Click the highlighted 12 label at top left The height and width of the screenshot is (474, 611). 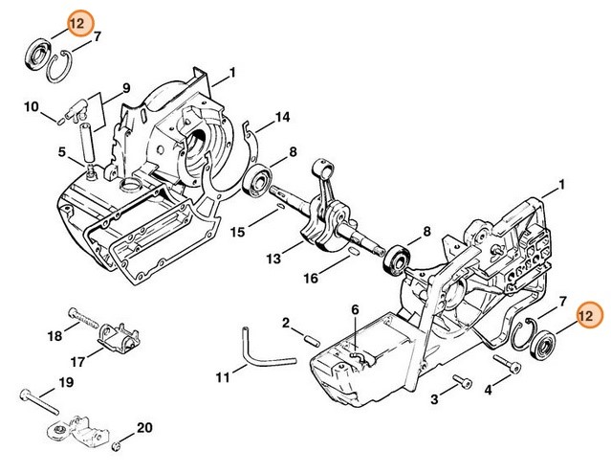tap(80, 24)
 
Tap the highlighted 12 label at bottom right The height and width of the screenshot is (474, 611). tap(590, 315)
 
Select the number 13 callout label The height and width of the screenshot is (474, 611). tap(273, 259)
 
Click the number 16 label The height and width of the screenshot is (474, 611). tap(311, 278)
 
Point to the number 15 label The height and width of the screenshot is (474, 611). tap(237, 232)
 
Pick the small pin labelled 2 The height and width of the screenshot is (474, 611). tap(312, 341)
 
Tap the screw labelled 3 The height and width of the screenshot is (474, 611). tap(463, 382)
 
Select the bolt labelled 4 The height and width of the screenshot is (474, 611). tap(507, 363)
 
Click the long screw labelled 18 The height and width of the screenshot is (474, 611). tap(83, 318)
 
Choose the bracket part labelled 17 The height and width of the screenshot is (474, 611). tap(119, 338)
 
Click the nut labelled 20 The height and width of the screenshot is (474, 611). tap(116, 446)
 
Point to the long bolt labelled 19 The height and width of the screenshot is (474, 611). tap(39, 401)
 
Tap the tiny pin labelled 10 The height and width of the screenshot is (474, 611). tap(60, 122)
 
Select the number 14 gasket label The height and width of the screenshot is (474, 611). tap(282, 117)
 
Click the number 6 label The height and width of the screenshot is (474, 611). tap(355, 309)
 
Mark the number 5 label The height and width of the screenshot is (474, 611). tap(62, 151)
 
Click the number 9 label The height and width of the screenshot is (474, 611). tap(126, 88)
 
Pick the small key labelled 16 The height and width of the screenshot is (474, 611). tap(353, 251)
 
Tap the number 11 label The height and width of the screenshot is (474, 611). tap(223, 377)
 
